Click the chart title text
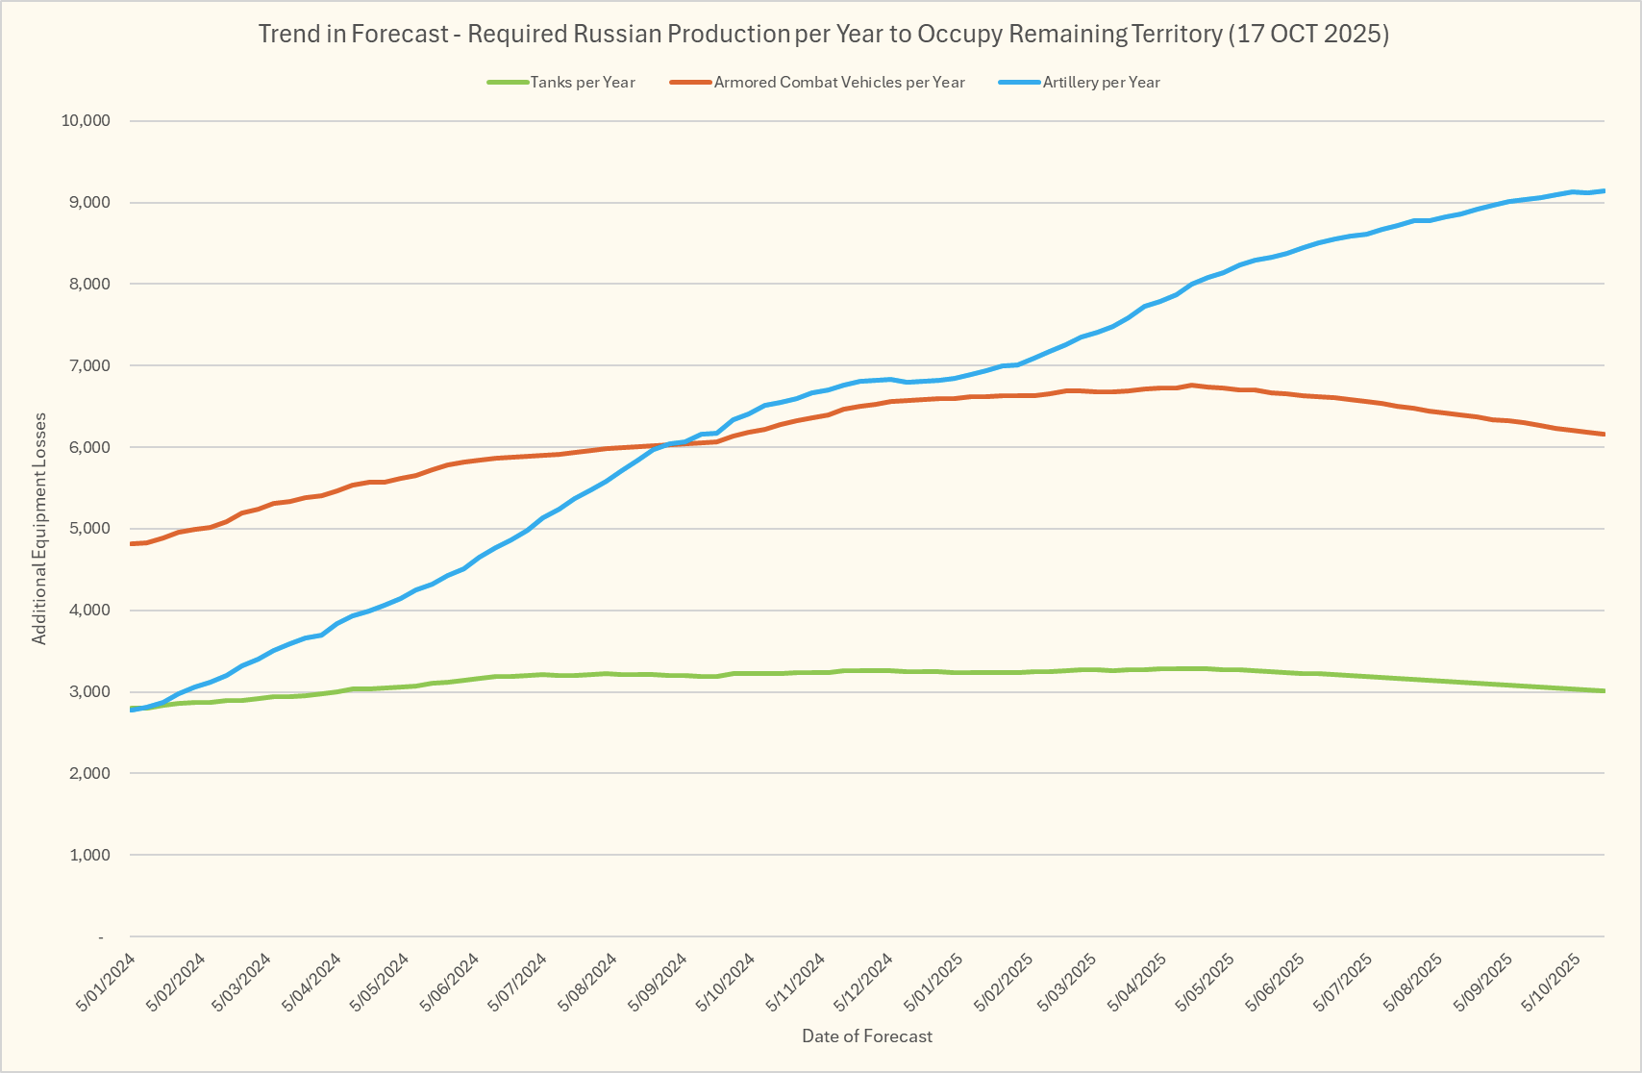823,35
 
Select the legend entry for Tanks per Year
582,83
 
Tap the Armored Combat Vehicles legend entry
838,83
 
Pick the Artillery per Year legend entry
1101,83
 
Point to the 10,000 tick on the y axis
87,121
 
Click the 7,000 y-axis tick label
90,366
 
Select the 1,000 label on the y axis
90,855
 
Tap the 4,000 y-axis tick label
90,611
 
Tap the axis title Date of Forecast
867,1036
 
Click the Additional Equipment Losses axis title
39,529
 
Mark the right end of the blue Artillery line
1604,191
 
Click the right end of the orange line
1604,435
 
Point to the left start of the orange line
131,544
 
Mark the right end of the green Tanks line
1604,691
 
